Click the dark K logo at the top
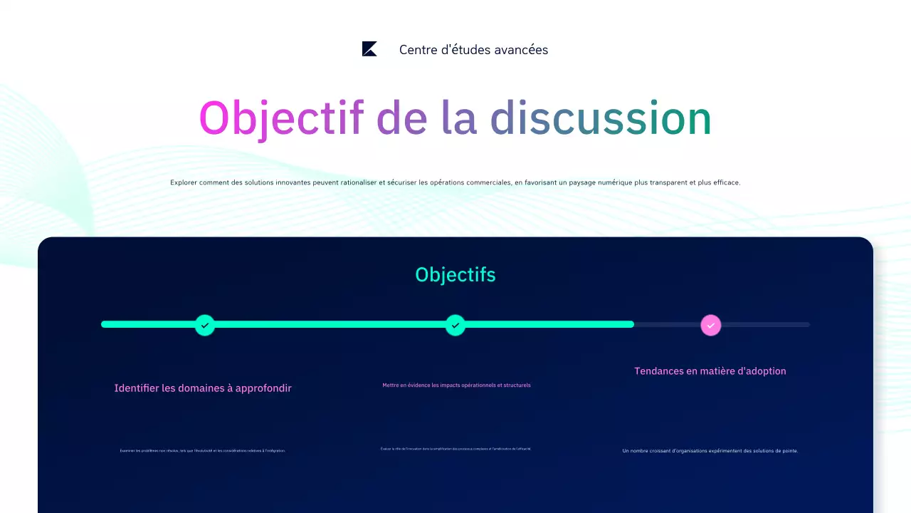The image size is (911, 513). pos(369,49)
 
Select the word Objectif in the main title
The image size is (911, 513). pos(281,118)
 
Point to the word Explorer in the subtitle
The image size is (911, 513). pos(186,182)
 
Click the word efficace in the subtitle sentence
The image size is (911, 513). pos(725,182)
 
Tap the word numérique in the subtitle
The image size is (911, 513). pos(611,182)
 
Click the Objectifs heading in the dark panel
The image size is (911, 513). pos(455,275)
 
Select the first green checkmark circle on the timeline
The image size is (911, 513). pos(205,325)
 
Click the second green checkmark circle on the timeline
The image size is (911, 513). pos(455,325)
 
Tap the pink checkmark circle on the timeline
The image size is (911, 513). pos(710,325)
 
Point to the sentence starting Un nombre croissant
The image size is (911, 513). pos(710,450)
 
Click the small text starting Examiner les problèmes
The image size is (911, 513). pos(202,450)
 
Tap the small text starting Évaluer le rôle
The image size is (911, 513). pos(456,449)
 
